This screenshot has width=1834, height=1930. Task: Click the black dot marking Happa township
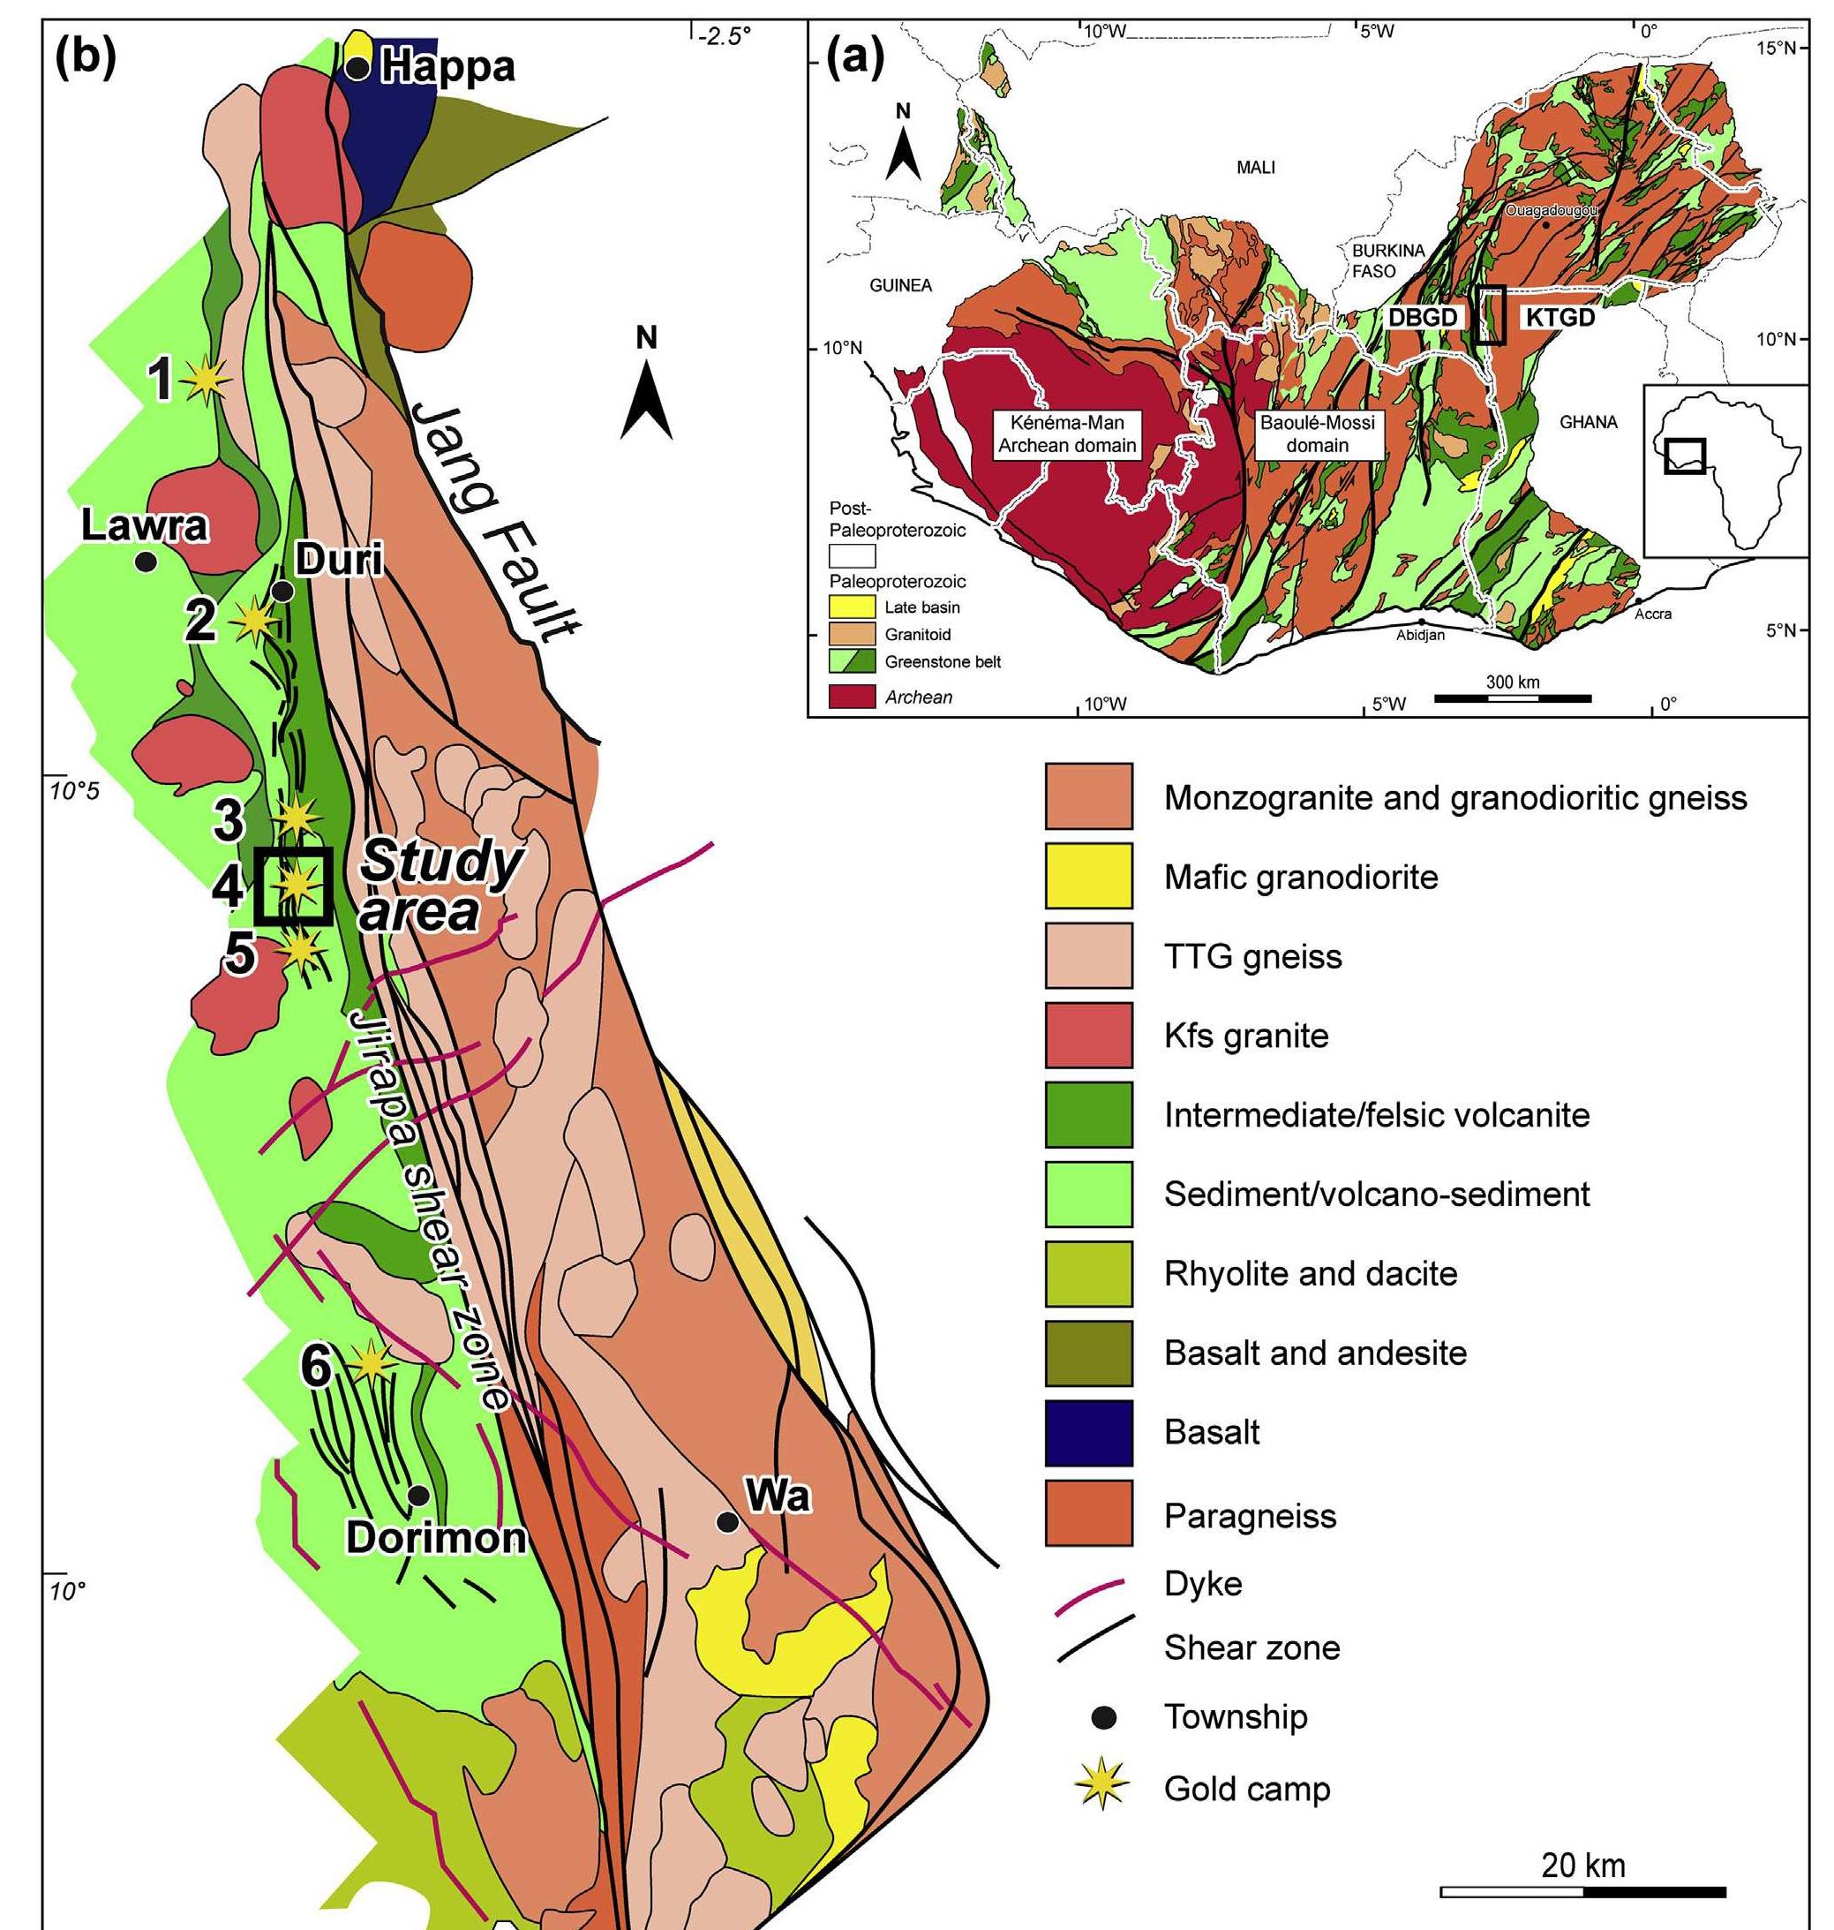[x=359, y=67]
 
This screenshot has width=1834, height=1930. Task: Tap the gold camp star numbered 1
[x=207, y=380]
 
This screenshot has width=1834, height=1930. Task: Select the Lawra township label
[x=145, y=526]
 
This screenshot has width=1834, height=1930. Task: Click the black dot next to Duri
[x=282, y=591]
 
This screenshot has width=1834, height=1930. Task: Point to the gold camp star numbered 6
[x=372, y=1361]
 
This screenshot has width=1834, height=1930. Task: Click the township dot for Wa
[x=726, y=1521]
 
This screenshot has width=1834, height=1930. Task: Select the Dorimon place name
[x=436, y=1538]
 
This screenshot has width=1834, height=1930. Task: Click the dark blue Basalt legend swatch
[x=1088, y=1433]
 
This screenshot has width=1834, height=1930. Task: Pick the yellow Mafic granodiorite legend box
[x=1088, y=876]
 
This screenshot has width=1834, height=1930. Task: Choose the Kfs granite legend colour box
[x=1088, y=1036]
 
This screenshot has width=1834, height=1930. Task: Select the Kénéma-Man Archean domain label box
[x=1065, y=434]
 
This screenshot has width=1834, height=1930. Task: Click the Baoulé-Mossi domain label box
[x=1317, y=434]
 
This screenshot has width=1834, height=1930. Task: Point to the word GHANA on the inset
[x=1588, y=422]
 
